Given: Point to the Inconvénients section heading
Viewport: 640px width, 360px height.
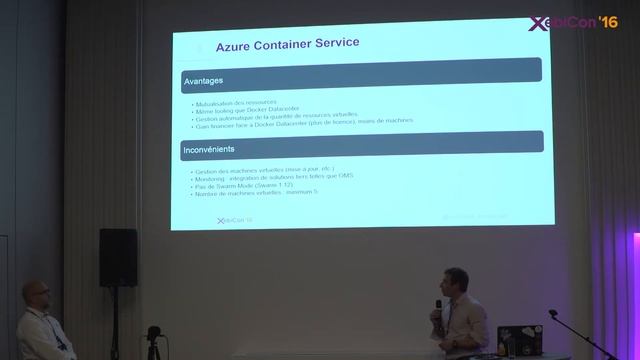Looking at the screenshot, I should pos(210,150).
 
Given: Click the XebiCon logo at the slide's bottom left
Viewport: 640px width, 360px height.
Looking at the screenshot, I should pos(234,220).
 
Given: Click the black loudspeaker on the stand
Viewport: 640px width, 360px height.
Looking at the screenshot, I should pos(118,257).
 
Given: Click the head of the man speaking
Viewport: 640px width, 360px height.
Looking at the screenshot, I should pos(455,285).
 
